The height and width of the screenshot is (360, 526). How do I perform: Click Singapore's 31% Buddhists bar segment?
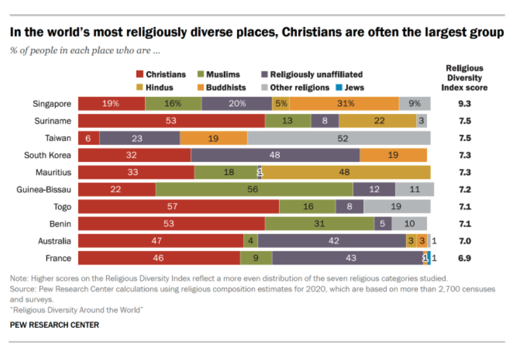coord(344,104)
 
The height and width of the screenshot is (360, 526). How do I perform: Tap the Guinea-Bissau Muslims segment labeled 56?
coord(254,189)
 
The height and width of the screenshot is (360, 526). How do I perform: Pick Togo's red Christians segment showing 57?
coord(179,207)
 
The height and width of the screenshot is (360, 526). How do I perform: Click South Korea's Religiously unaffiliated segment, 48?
coord(275,155)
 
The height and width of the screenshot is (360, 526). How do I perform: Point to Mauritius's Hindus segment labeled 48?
coord(344,173)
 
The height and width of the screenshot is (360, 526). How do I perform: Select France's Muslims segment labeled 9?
coord(256,258)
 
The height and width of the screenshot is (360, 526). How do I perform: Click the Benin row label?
coord(60,224)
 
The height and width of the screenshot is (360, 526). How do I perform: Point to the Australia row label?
coord(55,241)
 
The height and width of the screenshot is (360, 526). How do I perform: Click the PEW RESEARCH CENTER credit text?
coord(54,325)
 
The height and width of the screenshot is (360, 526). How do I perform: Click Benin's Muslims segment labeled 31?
coord(319,224)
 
